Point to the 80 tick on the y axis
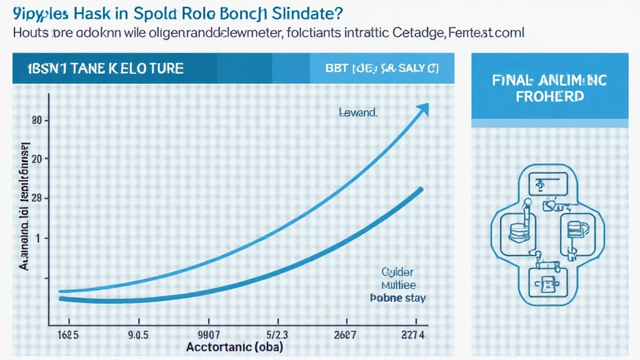click(x=27, y=120)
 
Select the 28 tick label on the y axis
click(x=27, y=198)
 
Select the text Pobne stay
click(x=396, y=297)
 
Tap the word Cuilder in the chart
click(x=397, y=272)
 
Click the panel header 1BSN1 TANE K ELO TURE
click(x=102, y=68)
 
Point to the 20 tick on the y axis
click(x=27, y=159)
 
